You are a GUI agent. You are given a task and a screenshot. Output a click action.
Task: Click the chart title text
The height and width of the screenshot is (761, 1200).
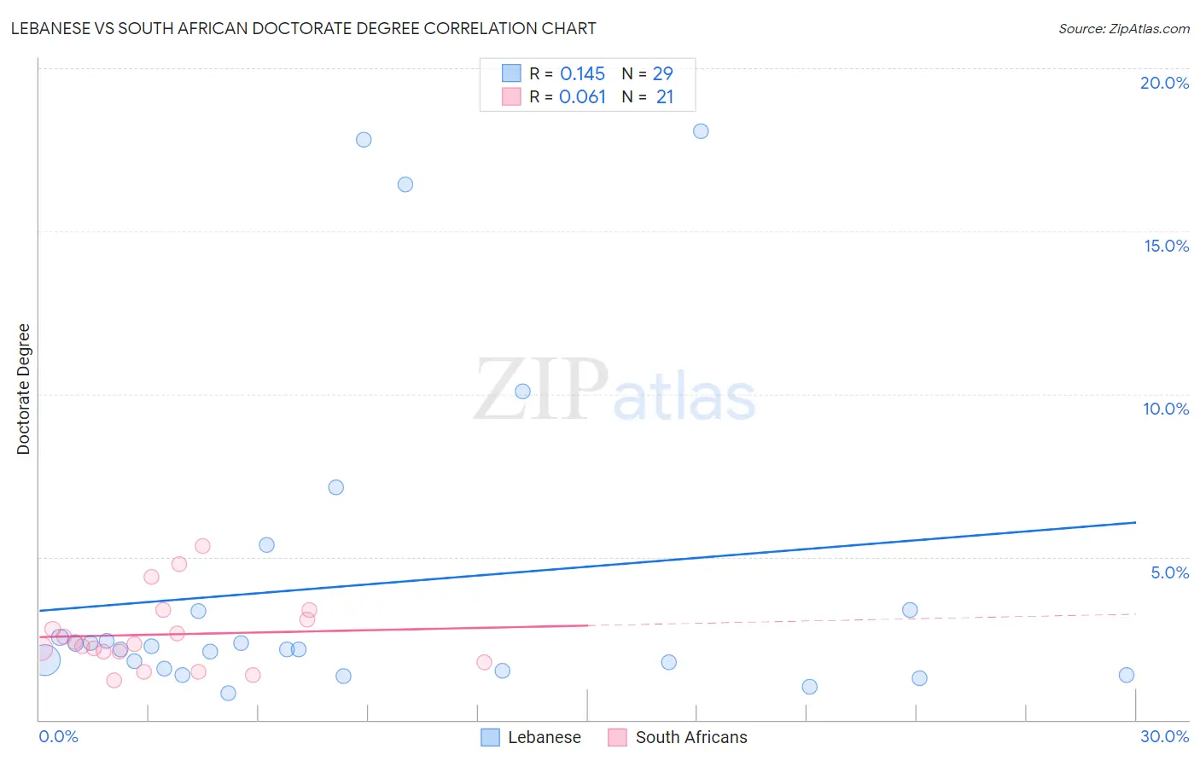(303, 28)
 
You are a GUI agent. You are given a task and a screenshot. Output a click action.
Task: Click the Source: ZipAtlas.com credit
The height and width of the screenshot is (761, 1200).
(1123, 28)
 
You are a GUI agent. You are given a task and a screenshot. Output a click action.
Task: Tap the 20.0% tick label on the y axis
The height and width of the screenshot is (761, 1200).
(1164, 83)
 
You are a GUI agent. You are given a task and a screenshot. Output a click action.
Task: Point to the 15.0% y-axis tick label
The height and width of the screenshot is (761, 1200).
(1166, 246)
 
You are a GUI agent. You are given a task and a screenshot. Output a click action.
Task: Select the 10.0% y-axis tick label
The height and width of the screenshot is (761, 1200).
(1166, 409)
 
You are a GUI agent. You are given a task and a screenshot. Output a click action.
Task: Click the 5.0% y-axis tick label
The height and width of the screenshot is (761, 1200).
(1169, 572)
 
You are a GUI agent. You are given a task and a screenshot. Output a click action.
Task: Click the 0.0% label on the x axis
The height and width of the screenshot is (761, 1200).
(58, 736)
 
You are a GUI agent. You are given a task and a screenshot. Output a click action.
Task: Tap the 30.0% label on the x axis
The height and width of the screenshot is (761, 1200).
(1164, 736)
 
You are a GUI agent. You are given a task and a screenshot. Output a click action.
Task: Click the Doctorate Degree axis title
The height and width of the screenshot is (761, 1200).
(23, 389)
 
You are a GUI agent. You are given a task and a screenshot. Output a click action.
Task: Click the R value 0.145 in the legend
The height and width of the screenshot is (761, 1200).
(582, 74)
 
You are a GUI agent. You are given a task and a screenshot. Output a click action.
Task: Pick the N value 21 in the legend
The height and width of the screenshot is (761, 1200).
(665, 97)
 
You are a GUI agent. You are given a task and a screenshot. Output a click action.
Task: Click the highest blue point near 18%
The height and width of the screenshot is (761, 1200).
(701, 131)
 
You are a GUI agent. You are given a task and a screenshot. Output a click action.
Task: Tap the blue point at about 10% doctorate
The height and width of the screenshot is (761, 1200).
(522, 392)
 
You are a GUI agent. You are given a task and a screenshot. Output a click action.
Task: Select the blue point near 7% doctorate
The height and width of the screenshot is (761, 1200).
(336, 487)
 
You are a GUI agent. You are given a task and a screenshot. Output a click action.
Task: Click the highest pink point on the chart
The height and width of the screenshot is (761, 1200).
(202, 546)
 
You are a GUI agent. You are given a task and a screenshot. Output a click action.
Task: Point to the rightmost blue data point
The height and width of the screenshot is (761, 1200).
(1127, 675)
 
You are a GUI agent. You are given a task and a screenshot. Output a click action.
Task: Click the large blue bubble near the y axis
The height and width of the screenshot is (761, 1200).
(44, 659)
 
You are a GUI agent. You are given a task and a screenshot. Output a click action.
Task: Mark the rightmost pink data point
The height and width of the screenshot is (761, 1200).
(484, 662)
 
